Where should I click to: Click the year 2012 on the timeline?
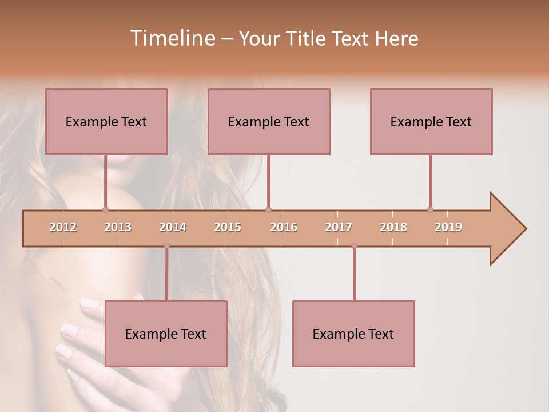63,227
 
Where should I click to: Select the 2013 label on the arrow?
118,227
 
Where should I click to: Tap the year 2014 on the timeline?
173,227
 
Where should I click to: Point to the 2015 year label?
228,227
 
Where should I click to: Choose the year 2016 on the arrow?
284,227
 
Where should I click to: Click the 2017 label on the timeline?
339,227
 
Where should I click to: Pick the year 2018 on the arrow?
393,227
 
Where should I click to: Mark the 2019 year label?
448,227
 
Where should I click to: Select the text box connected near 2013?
106,121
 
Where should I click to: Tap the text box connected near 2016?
269,121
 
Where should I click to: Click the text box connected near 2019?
431,121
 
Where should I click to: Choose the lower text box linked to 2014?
166,334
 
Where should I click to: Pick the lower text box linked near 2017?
353,334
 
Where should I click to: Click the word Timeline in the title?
171,38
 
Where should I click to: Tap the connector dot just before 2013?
105,209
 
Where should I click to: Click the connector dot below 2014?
166,245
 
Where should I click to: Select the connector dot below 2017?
354,245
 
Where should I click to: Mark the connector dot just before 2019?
430,209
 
